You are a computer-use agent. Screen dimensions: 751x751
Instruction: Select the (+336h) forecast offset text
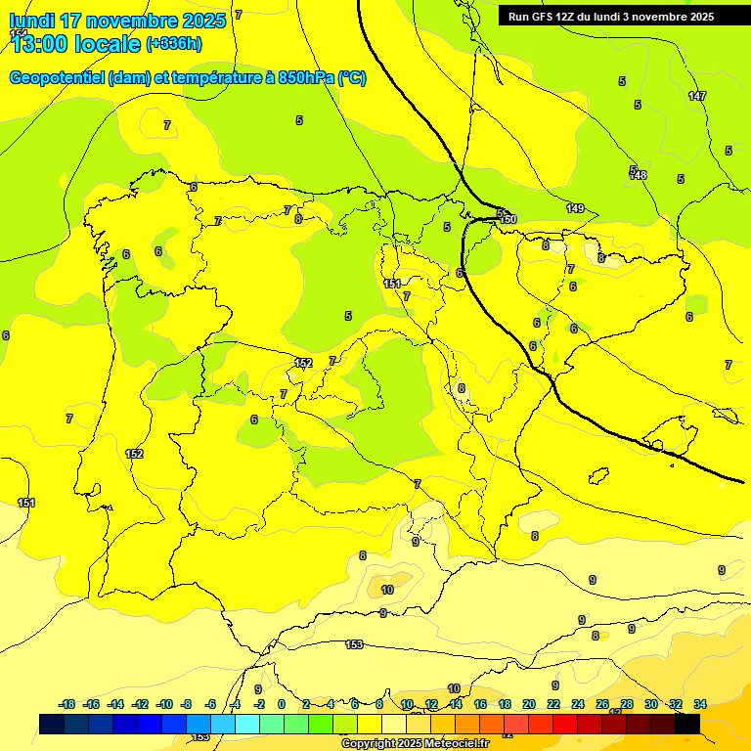(174, 44)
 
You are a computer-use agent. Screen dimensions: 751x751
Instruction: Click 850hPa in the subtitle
(306, 78)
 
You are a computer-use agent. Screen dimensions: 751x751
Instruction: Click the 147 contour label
(696, 96)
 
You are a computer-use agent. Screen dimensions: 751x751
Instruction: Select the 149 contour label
(575, 208)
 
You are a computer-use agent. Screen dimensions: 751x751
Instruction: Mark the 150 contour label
(508, 220)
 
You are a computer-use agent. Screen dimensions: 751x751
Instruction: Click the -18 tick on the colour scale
(66, 704)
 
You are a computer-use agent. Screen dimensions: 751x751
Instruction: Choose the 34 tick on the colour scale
(700, 704)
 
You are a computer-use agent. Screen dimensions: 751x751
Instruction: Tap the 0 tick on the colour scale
(282, 704)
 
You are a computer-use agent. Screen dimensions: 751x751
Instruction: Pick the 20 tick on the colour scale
(529, 704)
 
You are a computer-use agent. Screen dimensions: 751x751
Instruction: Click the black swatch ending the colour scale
(687, 724)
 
